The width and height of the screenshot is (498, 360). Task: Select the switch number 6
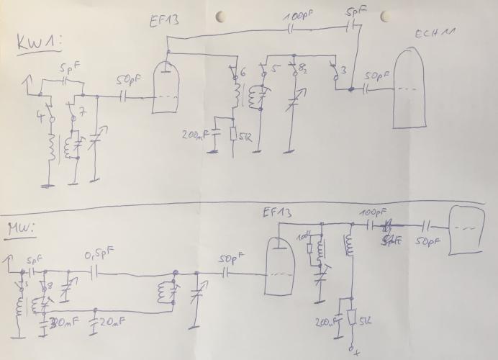coord(243,73)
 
